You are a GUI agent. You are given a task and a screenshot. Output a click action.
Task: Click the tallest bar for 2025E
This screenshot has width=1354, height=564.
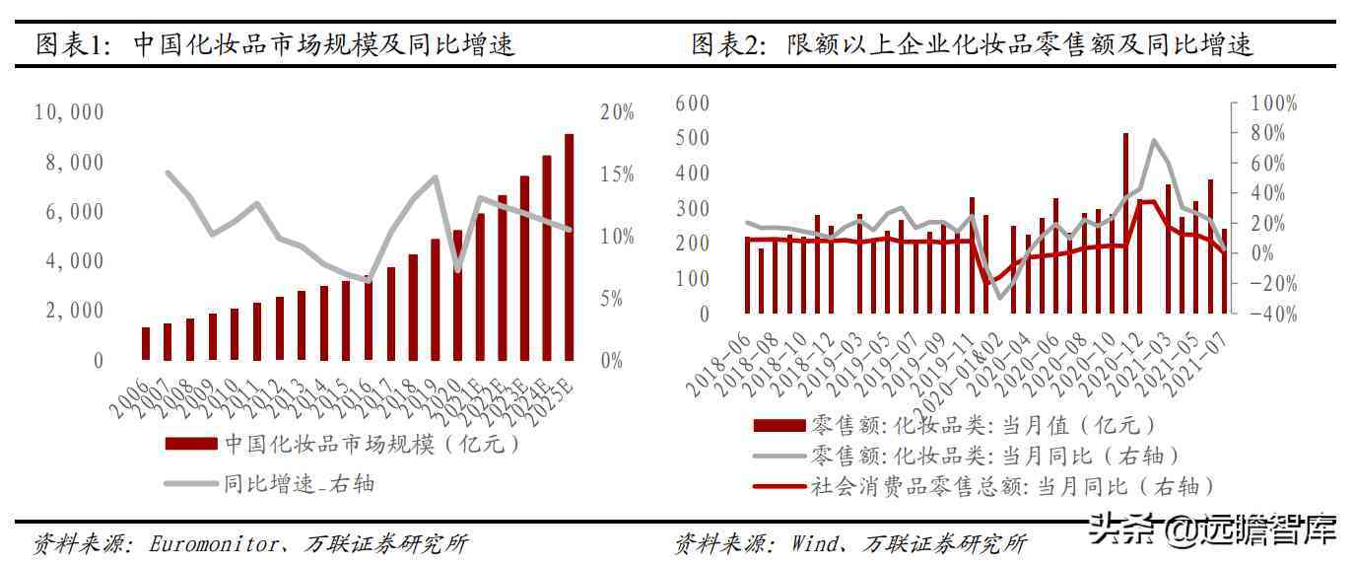[x=569, y=247]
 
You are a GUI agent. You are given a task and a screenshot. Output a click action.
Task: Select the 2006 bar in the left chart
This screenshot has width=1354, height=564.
[x=146, y=343]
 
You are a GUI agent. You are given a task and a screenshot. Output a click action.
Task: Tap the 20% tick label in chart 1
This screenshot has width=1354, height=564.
[x=617, y=112]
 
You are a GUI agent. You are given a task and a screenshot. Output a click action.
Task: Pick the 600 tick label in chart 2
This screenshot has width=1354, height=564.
[x=692, y=104]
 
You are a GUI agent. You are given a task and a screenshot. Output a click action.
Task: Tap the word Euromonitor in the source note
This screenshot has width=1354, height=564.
[x=213, y=543]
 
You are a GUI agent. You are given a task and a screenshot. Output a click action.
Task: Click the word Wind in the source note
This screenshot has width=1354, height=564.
[x=816, y=543]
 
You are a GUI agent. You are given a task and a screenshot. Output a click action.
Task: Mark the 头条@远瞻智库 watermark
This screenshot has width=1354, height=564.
[x=1212, y=532]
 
